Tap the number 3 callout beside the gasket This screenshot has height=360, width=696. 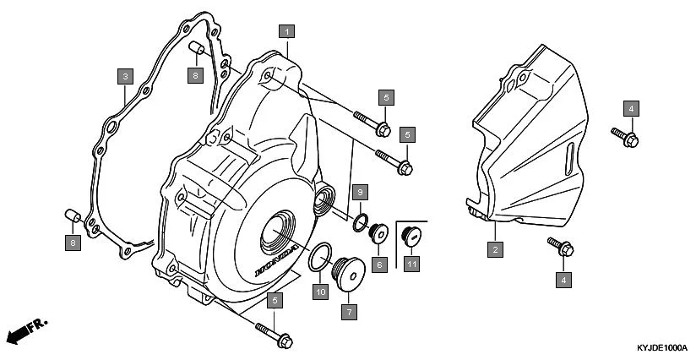click(124, 77)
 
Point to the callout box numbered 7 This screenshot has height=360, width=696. click(348, 312)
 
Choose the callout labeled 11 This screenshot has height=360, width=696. click(411, 265)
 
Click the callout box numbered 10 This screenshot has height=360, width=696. click(320, 292)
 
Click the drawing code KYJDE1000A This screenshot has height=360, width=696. click(662, 347)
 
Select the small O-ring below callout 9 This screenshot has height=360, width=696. click(360, 223)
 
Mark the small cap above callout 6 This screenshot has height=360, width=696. click(379, 232)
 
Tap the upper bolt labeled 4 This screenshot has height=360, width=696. click(624, 134)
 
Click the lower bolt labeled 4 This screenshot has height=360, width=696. click(561, 246)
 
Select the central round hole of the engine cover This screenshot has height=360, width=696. click(279, 229)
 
